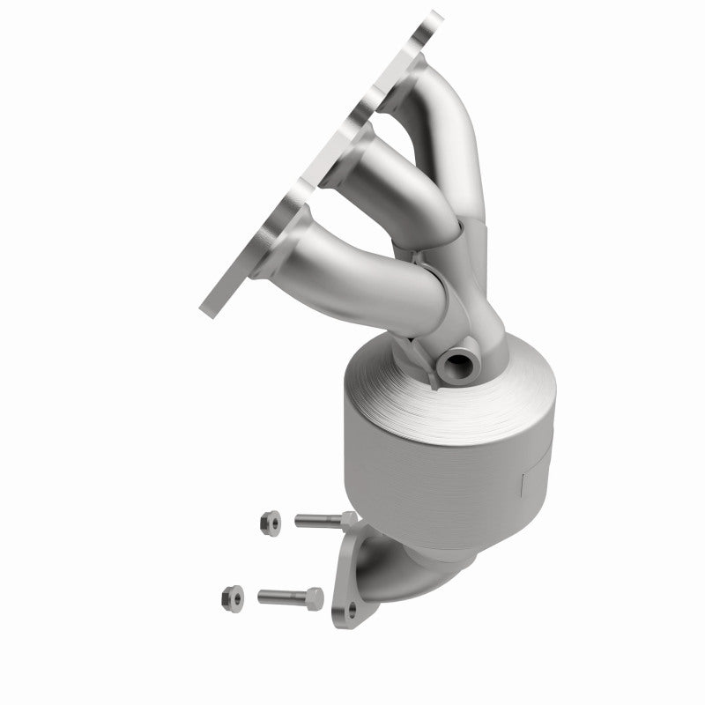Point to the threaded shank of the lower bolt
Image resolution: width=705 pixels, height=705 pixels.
pos(276,597)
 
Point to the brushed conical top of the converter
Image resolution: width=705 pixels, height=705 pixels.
pos(493,388)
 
